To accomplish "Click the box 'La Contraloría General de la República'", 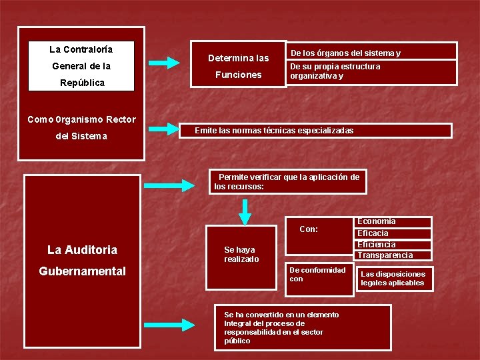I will coord(81,66).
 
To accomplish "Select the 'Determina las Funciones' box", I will coord(238,66).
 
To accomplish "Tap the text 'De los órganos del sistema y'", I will coord(345,53).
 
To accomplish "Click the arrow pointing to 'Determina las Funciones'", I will coord(163,63).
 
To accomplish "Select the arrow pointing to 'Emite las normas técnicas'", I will coord(163,129).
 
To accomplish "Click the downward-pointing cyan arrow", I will coord(245,213).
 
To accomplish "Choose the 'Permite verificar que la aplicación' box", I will coord(287,181).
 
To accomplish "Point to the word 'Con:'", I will coord(309,229).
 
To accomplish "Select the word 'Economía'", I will coord(377,221).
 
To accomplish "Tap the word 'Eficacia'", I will coord(373,233).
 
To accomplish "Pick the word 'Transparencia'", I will coord(385,255).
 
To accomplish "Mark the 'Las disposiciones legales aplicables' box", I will coord(393,279).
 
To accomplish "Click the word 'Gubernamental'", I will coord(83,271).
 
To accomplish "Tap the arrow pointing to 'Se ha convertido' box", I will coord(170,325).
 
